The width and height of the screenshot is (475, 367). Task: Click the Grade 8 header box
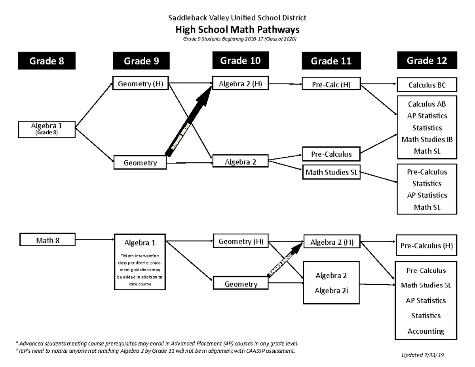tap(47, 61)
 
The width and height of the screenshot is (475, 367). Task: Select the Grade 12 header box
tap(427, 60)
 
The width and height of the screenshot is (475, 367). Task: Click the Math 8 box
tap(47, 240)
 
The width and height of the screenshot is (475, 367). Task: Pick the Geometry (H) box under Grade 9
tap(141, 83)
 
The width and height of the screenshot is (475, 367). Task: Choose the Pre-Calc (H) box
tap(331, 84)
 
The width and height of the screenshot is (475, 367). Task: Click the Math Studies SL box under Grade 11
tap(331, 172)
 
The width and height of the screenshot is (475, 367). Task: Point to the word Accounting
tap(426, 331)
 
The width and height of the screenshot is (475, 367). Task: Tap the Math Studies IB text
tap(427, 139)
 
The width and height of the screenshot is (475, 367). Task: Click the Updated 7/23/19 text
tap(423, 355)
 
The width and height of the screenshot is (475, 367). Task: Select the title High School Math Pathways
tap(237, 29)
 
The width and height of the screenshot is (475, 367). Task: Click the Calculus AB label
tap(427, 104)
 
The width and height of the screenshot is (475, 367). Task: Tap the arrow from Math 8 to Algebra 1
tap(95, 240)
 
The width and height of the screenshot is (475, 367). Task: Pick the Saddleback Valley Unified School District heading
tap(237, 18)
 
